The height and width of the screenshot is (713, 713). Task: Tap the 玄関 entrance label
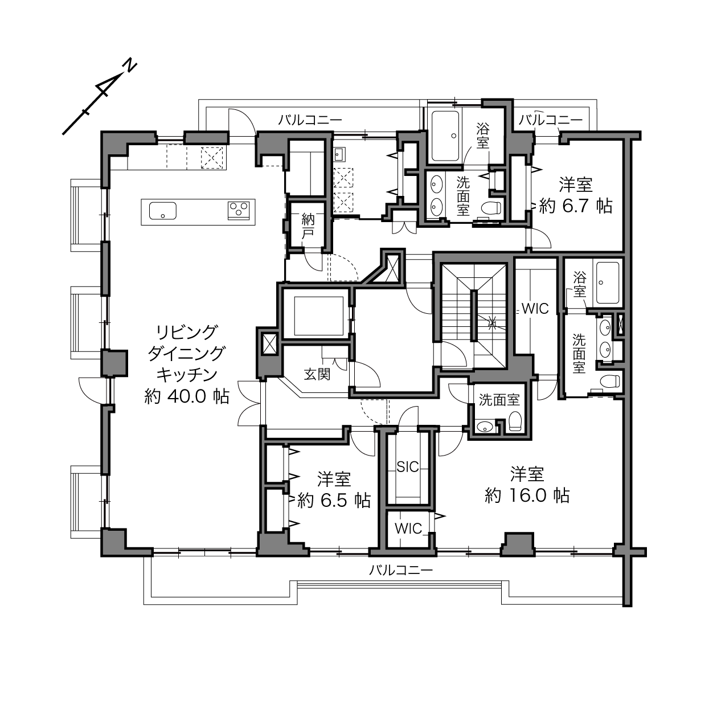pos(317,374)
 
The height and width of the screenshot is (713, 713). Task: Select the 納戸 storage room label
pos(308,226)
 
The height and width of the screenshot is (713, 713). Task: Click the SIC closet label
pos(407,467)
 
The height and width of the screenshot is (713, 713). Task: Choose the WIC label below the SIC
pos(408,528)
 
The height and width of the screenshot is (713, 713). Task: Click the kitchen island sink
pos(163,211)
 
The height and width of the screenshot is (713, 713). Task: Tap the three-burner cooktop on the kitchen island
pos(238,210)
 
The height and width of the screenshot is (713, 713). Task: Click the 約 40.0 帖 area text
pos(187,397)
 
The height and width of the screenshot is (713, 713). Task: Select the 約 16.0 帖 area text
pos(527,495)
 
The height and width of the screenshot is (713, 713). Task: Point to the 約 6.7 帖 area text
pos(576,206)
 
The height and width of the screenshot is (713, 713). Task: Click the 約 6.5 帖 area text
pos(334,501)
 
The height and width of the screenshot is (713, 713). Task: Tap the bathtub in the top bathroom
pos(444,136)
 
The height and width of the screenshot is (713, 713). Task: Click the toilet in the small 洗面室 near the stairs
pos(515,421)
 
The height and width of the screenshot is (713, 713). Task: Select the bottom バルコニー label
pos(401,570)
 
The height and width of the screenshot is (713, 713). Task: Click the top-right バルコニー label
pos(550,120)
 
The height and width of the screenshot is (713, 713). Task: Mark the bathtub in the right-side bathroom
pos(607,283)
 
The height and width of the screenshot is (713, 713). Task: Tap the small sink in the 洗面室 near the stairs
pos(485,427)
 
